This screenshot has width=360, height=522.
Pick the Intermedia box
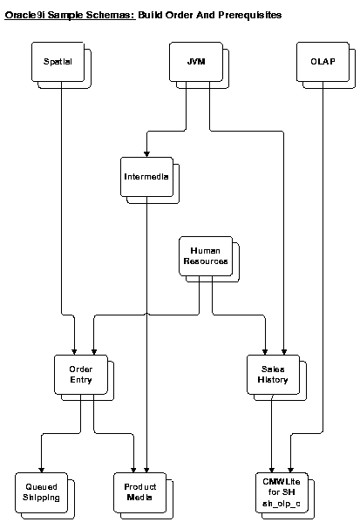click(146, 179)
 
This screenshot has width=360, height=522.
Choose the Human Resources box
click(207, 256)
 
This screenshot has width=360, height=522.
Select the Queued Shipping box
click(42, 491)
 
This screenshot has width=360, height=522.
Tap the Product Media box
click(139, 491)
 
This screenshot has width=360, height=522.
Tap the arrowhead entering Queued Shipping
click(42, 468)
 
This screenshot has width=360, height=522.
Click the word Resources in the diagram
click(207, 261)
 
